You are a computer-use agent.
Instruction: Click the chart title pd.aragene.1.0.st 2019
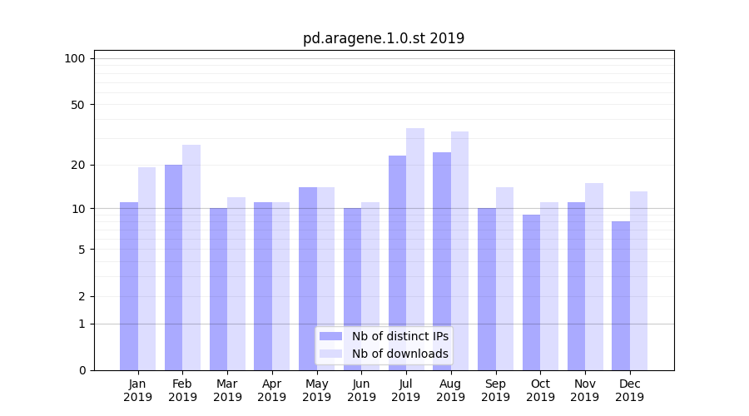click(384, 38)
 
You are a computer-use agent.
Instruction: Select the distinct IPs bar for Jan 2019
click(129, 286)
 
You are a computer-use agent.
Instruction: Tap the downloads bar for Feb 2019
click(191, 258)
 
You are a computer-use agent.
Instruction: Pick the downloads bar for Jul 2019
click(415, 250)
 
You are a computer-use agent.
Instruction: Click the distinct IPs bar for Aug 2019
click(442, 261)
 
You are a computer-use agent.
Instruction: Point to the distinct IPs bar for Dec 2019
click(621, 295)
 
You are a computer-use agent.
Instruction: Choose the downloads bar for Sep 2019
click(504, 279)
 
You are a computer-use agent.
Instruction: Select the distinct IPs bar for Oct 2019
click(531, 292)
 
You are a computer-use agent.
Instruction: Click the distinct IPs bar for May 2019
click(308, 279)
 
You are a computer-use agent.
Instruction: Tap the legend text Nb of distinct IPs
click(400, 336)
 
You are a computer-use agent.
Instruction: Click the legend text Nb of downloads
click(400, 354)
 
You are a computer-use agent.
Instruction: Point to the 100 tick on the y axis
click(75, 58)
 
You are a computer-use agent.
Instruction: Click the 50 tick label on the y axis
click(77, 105)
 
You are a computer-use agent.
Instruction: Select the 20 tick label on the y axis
click(77, 165)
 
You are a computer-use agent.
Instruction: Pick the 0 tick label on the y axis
click(82, 370)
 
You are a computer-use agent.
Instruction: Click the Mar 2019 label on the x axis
click(227, 390)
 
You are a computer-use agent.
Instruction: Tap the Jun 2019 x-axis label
click(361, 390)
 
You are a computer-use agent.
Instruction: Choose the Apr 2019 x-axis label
click(272, 390)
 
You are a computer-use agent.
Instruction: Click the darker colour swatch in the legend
click(331, 336)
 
